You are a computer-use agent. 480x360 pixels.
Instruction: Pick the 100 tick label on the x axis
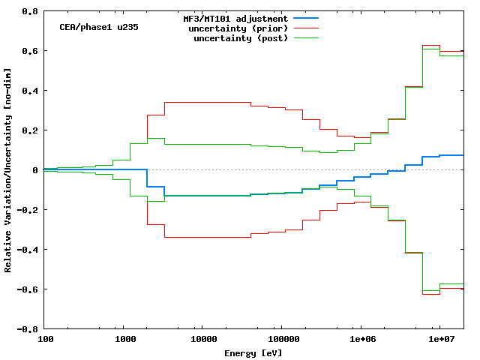point(46,339)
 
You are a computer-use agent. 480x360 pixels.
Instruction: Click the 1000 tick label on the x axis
point(124,339)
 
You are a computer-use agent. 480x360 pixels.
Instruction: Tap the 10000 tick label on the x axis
point(202,339)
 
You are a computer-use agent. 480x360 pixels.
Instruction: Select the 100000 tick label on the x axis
point(281,339)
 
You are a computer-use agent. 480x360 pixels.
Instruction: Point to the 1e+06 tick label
point(360,339)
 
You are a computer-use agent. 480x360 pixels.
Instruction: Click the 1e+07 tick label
point(439,339)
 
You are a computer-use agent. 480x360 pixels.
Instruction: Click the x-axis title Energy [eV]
point(253,352)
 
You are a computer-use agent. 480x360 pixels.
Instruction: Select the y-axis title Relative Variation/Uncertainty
point(8,170)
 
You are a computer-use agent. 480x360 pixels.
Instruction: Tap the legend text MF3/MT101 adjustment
point(235,18)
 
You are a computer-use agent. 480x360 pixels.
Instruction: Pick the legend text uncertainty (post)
point(241,37)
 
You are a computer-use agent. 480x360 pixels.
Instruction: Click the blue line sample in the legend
point(307,18)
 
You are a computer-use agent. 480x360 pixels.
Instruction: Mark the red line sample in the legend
point(307,28)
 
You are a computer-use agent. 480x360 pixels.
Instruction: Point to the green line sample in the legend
point(307,37)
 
